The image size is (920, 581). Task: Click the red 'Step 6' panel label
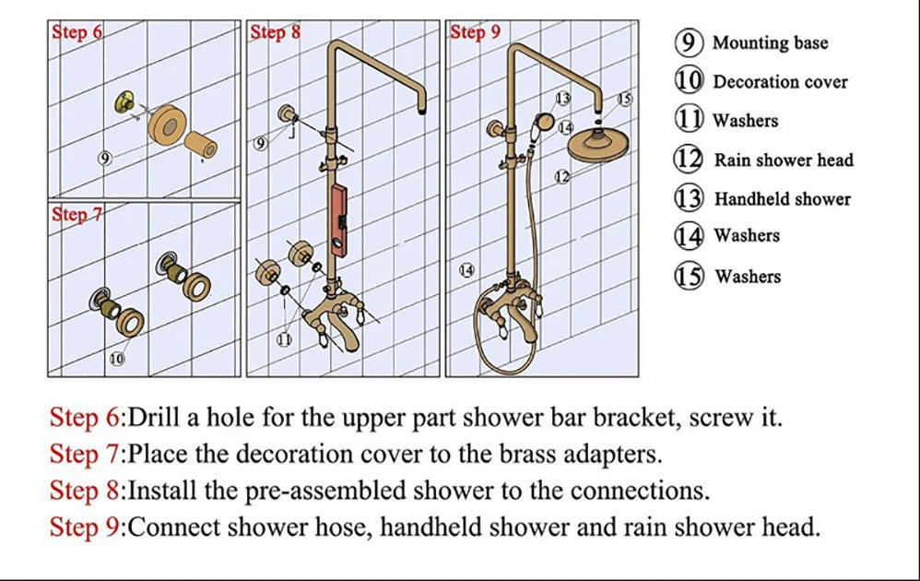point(77,32)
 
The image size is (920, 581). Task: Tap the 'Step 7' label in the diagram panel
point(77,215)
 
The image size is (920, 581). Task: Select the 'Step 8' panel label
point(275,32)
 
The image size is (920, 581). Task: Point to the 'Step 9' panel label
point(475,32)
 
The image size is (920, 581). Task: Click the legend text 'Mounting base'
point(770,42)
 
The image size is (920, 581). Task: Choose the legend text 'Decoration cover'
point(780,81)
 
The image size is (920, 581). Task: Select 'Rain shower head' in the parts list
point(784,160)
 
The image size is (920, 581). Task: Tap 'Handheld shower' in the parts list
point(782,198)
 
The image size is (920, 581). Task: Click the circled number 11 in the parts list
point(689,120)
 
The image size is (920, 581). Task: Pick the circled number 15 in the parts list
point(689,276)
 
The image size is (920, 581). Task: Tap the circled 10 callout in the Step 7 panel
point(116,359)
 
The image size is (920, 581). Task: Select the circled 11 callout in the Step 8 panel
point(284,340)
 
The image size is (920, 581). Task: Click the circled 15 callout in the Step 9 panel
point(624,99)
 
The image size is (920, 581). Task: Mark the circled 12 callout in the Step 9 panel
point(561,176)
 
